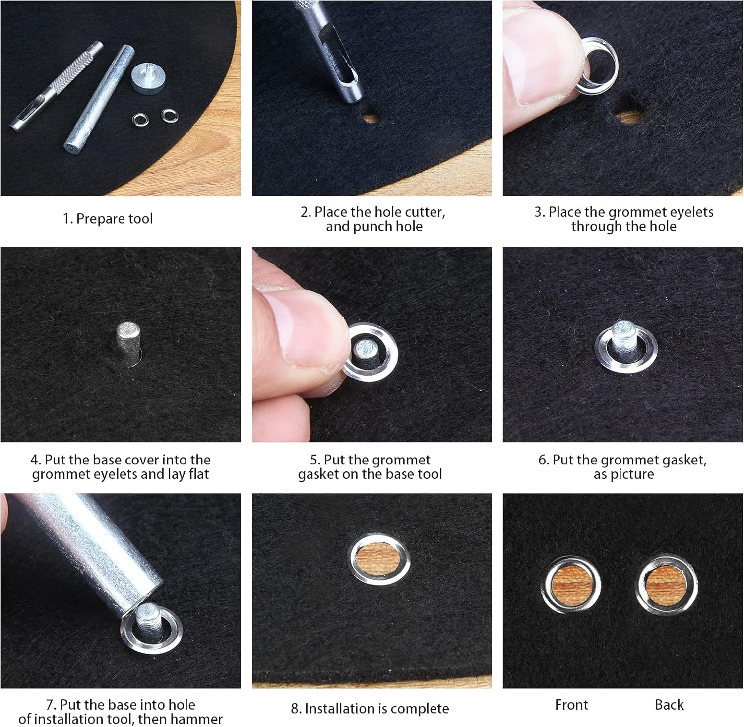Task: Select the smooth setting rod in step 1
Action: (x=99, y=98)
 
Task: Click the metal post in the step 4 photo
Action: (x=128, y=343)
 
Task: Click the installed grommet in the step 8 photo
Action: (x=379, y=559)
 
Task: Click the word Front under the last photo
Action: (x=571, y=705)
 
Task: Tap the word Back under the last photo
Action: (x=669, y=705)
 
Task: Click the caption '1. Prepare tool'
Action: (x=108, y=219)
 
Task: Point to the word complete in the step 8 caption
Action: (x=418, y=709)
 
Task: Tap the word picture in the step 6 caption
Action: (x=631, y=474)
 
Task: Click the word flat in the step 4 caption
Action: (x=199, y=474)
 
